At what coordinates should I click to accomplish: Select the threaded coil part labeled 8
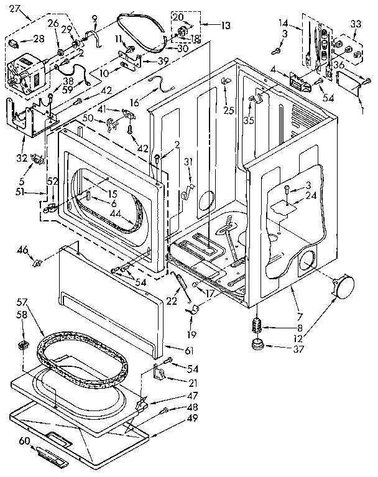click(256, 324)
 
